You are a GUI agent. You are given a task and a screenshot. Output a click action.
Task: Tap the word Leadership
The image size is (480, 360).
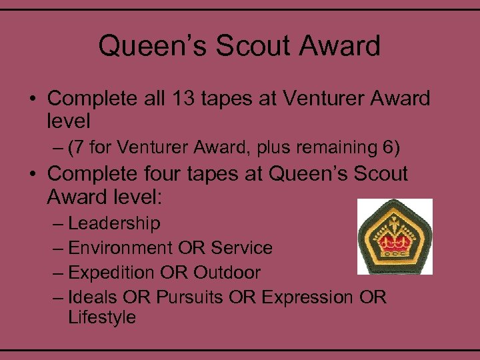tap(114, 223)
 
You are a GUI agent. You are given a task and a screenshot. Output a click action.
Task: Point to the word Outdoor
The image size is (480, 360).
tap(227, 272)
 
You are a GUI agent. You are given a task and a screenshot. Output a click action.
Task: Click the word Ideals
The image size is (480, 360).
tap(96, 297)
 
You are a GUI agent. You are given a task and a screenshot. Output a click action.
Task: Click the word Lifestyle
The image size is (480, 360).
tap(101, 317)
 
